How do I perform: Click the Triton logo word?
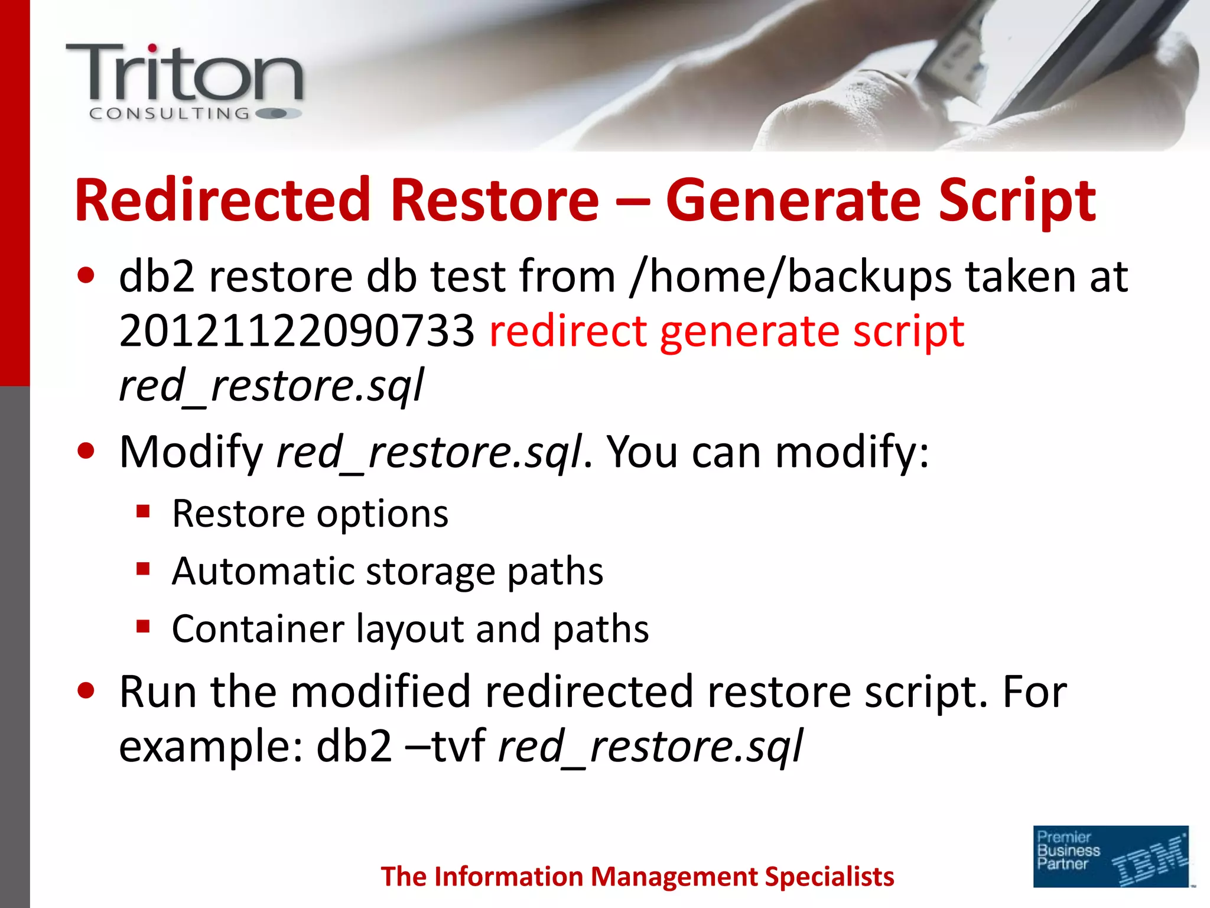[184, 73]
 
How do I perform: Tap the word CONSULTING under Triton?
[170, 113]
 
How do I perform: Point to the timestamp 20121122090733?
[297, 331]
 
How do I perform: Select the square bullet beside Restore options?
[143, 511]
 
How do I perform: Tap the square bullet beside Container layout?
[143, 626]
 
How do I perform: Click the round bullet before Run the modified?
[86, 690]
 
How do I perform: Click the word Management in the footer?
[674, 877]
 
